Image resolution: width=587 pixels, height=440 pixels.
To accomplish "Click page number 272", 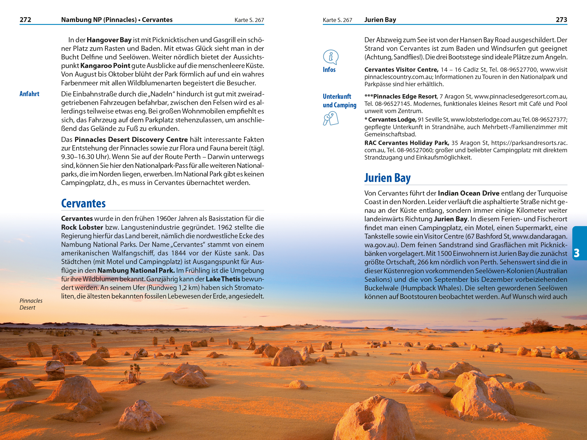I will [26, 20].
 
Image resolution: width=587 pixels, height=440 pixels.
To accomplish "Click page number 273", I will [561, 20].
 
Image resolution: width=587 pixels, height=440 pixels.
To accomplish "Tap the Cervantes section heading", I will [83, 203].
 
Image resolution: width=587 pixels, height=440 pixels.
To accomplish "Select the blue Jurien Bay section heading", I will [387, 178].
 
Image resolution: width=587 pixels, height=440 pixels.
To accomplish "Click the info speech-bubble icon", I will [330, 57].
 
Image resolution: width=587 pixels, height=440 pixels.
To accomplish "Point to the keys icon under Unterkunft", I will [330, 118].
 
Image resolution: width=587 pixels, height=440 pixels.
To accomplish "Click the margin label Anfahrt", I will [29, 94].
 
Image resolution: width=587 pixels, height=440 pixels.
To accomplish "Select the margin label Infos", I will [329, 70].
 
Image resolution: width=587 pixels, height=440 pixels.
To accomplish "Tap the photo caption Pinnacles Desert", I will [31, 304].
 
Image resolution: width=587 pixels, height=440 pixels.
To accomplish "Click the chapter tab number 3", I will [576, 253].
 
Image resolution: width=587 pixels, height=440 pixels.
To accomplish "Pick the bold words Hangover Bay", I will [109, 40].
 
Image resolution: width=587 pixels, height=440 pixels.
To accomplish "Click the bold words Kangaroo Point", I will [105, 66].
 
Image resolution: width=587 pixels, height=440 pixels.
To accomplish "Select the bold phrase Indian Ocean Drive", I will [468, 193].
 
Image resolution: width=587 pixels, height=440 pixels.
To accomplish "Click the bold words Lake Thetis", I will [223, 279].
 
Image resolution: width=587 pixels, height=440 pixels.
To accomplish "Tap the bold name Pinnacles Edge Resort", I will [405, 96].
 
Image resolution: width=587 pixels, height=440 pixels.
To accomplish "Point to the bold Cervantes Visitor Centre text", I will [401, 70].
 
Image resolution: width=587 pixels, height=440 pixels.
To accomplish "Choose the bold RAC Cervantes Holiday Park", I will [407, 143].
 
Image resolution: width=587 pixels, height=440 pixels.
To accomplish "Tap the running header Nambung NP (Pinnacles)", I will [99, 20].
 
